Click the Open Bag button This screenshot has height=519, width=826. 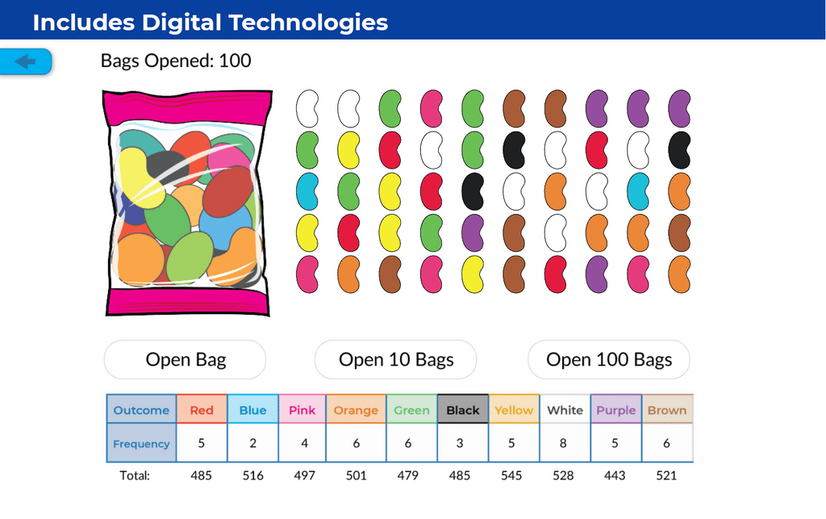pos(186,360)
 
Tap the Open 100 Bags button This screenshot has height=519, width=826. pos(609,360)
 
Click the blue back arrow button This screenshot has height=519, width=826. pos(26,61)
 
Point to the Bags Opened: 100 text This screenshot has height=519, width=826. pos(176,61)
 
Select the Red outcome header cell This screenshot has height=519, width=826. pos(202,410)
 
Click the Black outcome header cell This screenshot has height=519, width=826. pos(463,410)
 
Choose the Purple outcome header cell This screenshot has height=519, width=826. pos(616,410)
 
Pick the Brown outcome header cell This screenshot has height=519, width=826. pos(667,410)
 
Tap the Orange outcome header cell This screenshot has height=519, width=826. pos(356,410)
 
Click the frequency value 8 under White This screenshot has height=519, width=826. pos(565,443)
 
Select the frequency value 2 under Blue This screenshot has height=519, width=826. pos(252,443)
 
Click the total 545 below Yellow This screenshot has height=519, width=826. pos(512,475)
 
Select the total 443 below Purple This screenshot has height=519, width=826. pos(615,475)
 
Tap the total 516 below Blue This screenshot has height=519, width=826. pos(252,475)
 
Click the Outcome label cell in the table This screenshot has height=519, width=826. pos(141,410)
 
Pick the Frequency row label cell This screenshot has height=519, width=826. pos(141,444)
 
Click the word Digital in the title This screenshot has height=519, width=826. pos(182,23)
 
